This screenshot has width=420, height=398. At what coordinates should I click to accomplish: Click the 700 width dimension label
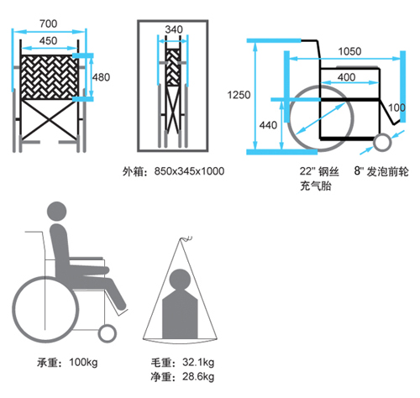pos(49,24)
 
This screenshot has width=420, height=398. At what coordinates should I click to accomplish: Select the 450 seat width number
pos(49,41)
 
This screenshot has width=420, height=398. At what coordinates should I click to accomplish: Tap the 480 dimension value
pos(102,77)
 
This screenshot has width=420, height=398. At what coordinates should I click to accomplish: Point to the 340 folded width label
pos(174,29)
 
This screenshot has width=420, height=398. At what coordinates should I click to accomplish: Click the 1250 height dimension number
pos(239,95)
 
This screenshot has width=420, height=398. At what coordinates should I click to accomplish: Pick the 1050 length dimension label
pos(349,51)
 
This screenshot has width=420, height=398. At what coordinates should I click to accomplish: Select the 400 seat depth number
pos(346,77)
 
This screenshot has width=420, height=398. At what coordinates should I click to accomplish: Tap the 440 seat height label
pos(268,125)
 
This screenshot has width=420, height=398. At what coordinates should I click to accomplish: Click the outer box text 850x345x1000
pos(189,171)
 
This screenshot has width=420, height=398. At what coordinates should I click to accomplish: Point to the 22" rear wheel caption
pos(319,179)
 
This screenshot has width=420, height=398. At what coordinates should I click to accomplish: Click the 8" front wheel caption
pos(381,171)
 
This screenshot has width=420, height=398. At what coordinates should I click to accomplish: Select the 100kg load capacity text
pos(83,363)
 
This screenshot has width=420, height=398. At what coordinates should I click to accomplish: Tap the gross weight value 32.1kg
pos(198,362)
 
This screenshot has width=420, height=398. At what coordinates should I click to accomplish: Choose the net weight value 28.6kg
pos(198,376)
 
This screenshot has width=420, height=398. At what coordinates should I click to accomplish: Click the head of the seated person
pos(57,212)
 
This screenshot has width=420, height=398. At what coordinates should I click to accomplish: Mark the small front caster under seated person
pos(107,333)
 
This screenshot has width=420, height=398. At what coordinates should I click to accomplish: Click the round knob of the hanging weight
pos(181,280)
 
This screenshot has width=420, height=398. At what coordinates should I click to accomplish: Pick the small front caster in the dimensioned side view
pos(382,143)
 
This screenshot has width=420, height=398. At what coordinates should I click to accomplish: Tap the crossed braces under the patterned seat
pos(50,120)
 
